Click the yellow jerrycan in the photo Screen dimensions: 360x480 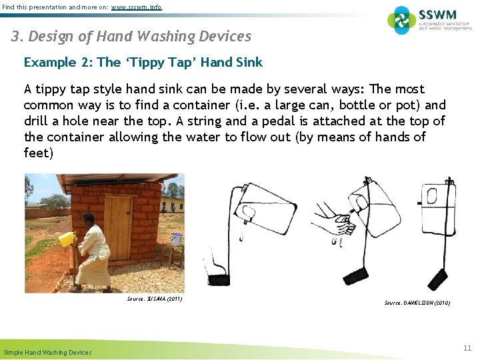tap(67, 239)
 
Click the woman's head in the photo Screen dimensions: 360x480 tap(89, 218)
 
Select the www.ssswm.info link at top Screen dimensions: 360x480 tap(136, 7)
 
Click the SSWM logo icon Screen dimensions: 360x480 tap(401, 20)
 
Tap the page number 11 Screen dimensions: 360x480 tap(467, 347)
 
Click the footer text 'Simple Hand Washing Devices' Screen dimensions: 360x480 tap(47, 352)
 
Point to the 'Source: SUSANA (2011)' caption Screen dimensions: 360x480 tap(154, 299)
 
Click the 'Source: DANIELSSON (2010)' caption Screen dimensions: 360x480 tap(417, 303)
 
